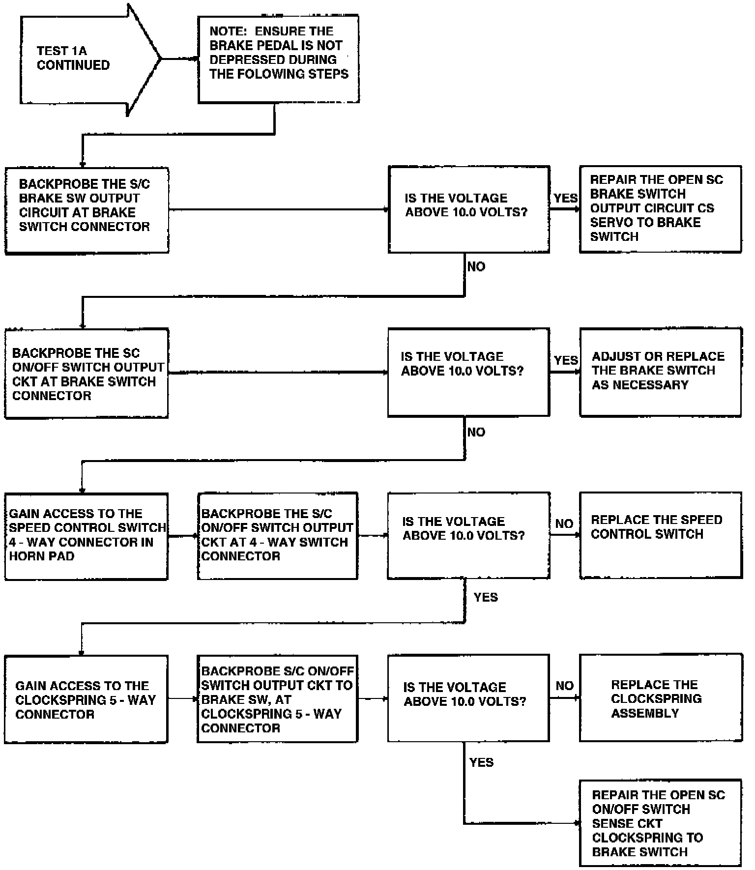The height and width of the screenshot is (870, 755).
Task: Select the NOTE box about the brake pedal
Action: click(278, 59)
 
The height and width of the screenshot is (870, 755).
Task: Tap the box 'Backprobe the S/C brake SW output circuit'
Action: click(87, 210)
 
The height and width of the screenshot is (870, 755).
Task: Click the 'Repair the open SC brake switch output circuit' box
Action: click(660, 209)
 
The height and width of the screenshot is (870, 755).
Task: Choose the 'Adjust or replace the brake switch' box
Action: click(660, 372)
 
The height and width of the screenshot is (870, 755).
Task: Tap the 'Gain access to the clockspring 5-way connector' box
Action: click(86, 699)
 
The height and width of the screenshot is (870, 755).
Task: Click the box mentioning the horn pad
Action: click(86, 536)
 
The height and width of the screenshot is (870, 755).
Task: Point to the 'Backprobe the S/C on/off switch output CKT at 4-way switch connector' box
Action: click(277, 536)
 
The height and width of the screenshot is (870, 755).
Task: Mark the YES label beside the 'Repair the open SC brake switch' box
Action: click(565, 198)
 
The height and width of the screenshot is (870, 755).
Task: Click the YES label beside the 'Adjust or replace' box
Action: click(566, 360)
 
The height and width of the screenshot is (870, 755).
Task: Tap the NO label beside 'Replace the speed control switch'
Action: click(564, 524)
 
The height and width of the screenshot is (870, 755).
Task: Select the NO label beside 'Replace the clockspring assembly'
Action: click(565, 686)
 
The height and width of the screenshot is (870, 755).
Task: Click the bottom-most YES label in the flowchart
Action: click(481, 762)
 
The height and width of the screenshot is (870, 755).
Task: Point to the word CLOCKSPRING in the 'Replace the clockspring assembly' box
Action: click(656, 699)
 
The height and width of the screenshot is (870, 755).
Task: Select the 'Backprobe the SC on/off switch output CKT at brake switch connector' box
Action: click(87, 374)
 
